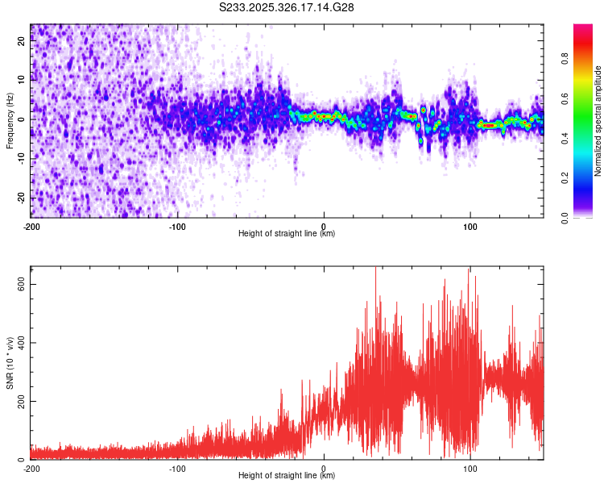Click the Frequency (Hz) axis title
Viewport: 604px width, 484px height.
pyautogui.click(x=10, y=120)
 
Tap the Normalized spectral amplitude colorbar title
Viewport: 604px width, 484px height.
pyautogui.click(x=598, y=121)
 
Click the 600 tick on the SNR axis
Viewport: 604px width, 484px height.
pyautogui.click(x=20, y=284)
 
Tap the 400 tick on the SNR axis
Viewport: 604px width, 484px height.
pyautogui.click(x=20, y=343)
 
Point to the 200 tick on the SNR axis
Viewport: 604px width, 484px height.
pyautogui.click(x=20, y=401)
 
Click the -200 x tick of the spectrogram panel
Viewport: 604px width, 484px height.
pyautogui.click(x=31, y=226)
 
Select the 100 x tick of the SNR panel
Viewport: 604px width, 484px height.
pyautogui.click(x=470, y=468)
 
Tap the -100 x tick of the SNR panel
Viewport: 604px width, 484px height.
pyautogui.click(x=177, y=468)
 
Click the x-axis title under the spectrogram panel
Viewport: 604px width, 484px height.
pyautogui.click(x=287, y=234)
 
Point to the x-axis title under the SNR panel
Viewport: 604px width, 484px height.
pyautogui.click(x=287, y=476)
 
